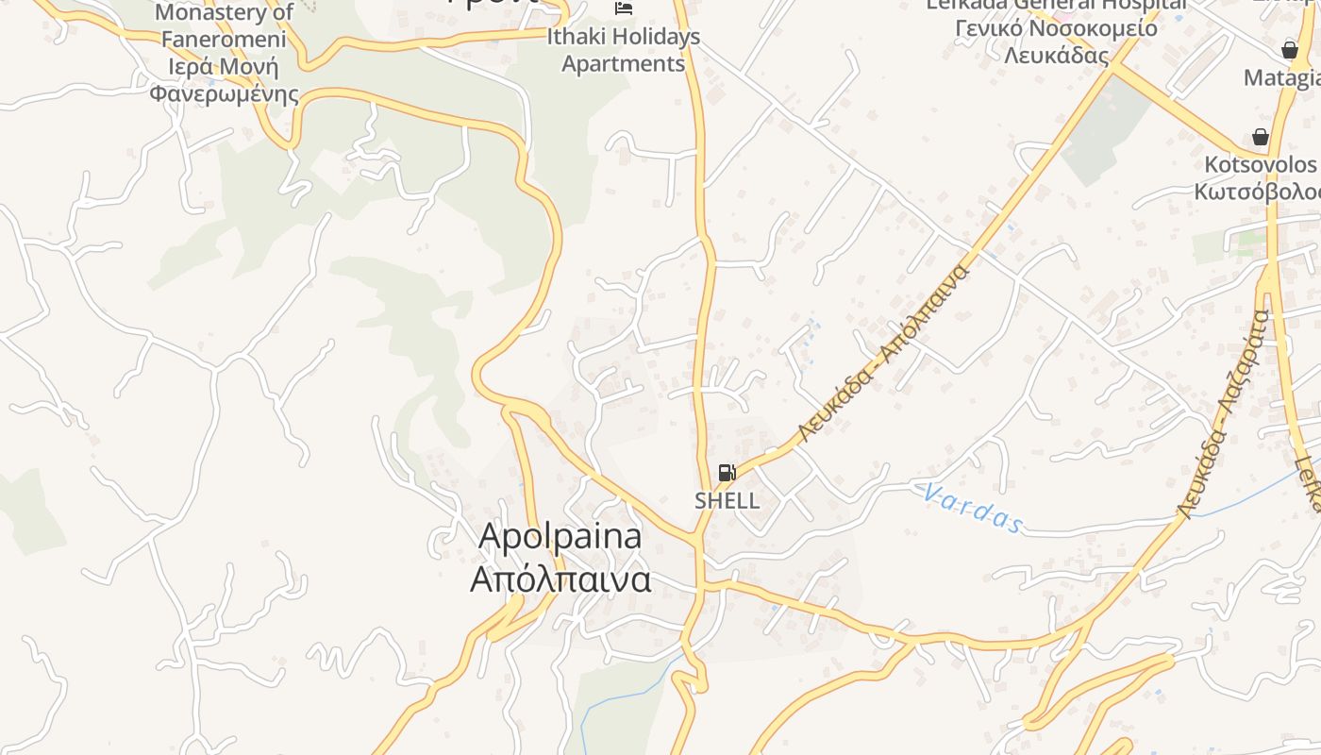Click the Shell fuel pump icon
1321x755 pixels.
[x=727, y=473]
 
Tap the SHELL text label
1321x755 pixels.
[x=727, y=500]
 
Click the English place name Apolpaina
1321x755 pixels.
[x=560, y=536]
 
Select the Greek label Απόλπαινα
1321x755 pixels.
[x=560, y=579]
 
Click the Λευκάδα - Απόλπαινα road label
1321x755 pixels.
[x=884, y=355]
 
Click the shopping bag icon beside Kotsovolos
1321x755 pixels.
[x=1260, y=137]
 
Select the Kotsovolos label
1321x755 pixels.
[x=1261, y=164]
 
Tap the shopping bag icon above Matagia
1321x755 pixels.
[x=1290, y=50]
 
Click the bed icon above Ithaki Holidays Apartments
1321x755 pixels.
[x=624, y=8]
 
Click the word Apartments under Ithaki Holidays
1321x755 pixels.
[x=624, y=64]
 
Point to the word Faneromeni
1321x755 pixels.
[x=224, y=40]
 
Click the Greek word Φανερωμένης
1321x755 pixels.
[x=224, y=94]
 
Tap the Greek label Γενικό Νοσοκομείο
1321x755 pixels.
[x=1056, y=27]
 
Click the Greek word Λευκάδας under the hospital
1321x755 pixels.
[x=1056, y=55]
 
